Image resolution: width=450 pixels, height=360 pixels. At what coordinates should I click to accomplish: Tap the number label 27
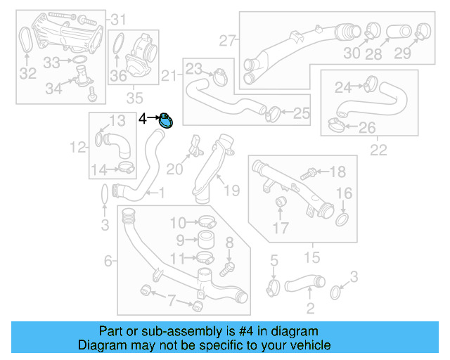(x=226, y=41)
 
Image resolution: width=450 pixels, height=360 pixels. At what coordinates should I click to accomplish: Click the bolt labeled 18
(x=307, y=172)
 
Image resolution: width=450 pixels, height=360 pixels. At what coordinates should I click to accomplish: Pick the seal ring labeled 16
(x=342, y=221)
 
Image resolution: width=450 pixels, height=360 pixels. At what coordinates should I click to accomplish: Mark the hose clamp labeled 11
(x=205, y=257)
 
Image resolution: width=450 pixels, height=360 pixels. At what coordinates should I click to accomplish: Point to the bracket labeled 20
(x=194, y=146)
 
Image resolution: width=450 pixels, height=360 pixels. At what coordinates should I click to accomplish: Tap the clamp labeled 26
(x=335, y=127)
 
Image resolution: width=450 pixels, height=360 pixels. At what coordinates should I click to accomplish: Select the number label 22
(x=378, y=150)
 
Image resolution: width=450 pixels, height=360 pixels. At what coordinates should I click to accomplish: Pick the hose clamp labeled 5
(x=274, y=287)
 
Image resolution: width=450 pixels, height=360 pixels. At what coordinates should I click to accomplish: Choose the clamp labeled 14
(x=127, y=167)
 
